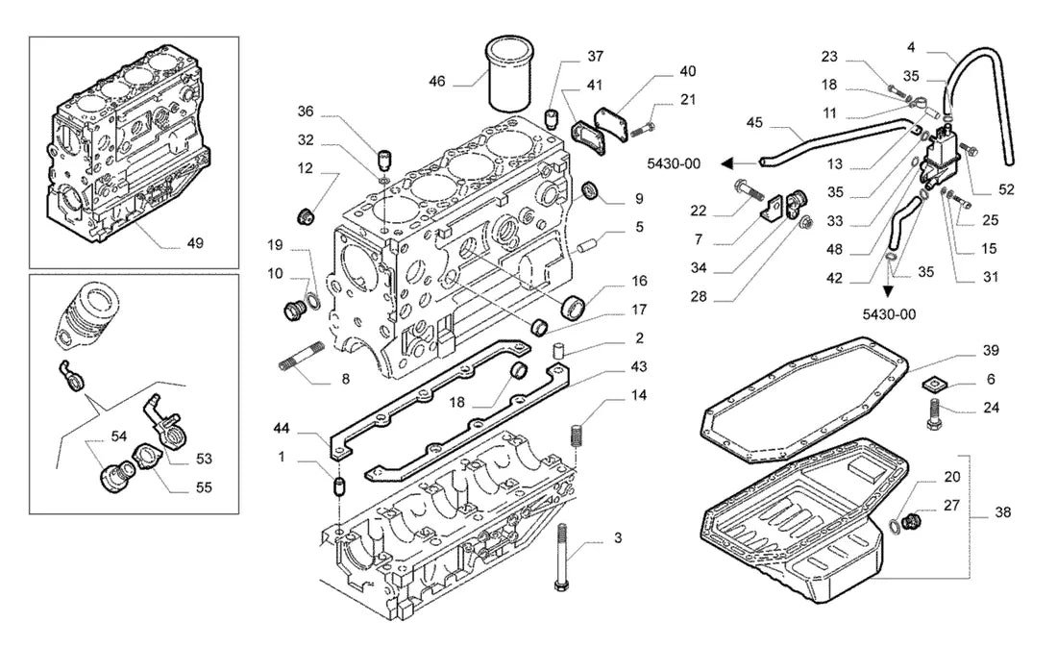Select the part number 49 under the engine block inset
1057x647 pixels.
[x=195, y=243]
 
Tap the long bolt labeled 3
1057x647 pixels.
[x=561, y=558]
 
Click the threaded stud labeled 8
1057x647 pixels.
[x=302, y=356]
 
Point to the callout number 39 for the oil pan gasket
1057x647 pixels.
[x=991, y=350]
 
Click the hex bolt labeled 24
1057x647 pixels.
[x=933, y=414]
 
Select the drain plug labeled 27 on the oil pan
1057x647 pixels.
[x=912, y=520]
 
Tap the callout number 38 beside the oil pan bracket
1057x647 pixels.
[x=1003, y=512]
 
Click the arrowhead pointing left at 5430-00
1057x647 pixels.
[x=726, y=163]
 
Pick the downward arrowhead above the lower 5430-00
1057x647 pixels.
[x=889, y=291]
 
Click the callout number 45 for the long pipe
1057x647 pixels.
[x=754, y=122]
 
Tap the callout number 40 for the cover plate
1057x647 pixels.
[x=688, y=71]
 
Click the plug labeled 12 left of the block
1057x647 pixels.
[x=306, y=217]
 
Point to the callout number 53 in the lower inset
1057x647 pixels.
[x=205, y=459]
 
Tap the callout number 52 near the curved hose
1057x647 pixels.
[x=1006, y=189]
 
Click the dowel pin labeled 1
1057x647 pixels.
[x=340, y=485]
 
